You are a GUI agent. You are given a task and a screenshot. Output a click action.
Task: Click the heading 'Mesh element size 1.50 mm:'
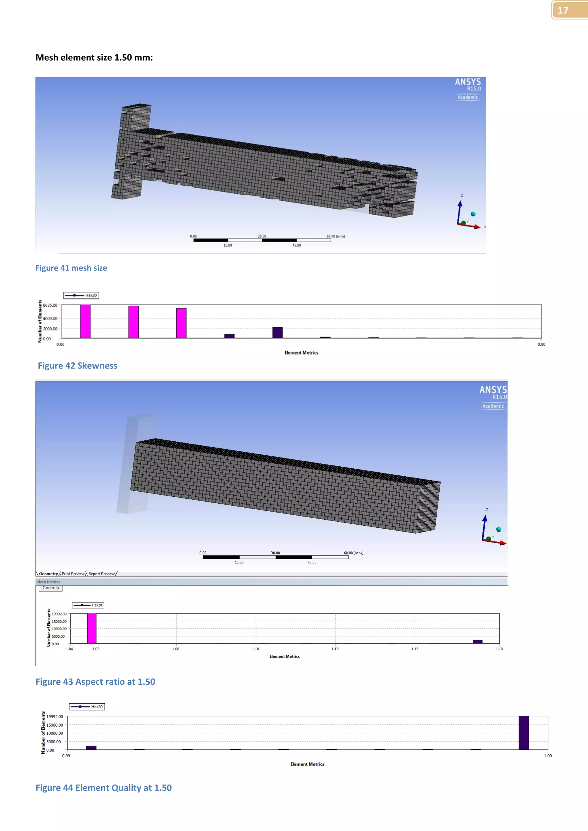point(94,58)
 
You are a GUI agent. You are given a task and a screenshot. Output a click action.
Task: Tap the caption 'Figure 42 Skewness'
point(78,366)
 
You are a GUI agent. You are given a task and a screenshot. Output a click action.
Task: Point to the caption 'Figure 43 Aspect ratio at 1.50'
point(95,682)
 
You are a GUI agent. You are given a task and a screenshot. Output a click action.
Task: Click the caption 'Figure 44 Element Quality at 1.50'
point(104,788)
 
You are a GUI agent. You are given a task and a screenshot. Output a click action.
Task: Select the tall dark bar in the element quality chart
point(524,733)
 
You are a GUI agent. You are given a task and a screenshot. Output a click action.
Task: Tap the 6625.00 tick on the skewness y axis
point(50,305)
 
